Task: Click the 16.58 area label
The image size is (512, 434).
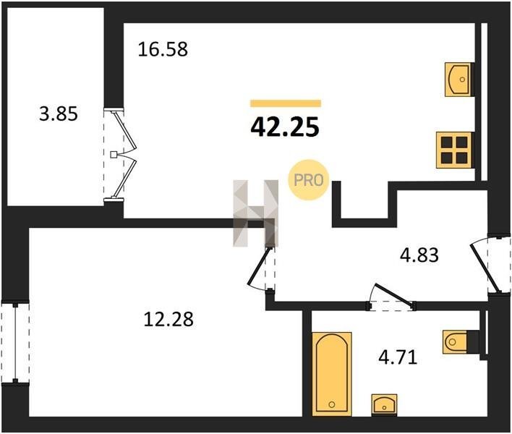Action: click(163, 50)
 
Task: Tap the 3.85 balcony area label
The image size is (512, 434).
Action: click(59, 114)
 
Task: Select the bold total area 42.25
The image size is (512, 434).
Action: click(285, 127)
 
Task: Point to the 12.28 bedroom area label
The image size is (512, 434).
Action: click(168, 319)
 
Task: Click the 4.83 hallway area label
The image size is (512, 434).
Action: click(419, 255)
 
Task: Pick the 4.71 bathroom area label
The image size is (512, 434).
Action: click(398, 357)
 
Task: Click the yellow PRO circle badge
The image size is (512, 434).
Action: click(308, 180)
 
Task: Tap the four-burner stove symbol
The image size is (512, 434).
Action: click(454, 150)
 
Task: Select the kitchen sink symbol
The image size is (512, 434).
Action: click(458, 80)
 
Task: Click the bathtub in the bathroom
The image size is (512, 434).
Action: click(332, 374)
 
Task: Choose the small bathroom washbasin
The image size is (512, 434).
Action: click(384, 405)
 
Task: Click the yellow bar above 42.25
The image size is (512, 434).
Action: click(286, 103)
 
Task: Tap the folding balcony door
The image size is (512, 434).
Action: click(120, 155)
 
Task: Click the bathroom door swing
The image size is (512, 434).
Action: click(392, 297)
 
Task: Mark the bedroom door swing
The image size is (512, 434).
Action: click(261, 268)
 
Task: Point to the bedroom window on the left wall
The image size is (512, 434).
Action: click(15, 343)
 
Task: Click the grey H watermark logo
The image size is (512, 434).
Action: click(255, 213)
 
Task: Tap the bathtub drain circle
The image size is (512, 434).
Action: click(332, 404)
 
